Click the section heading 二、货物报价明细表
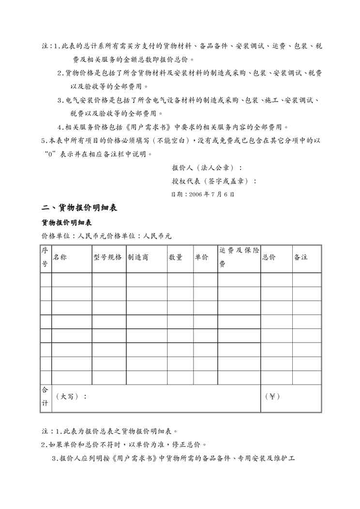pos(79,208)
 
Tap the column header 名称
pos(60,257)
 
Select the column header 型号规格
pos(107,257)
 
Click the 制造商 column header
pos(138,257)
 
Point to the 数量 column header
pos(176,257)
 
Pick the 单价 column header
pos(201,257)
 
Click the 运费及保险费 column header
pos(239,257)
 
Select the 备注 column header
pos(301,257)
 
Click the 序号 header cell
pos(45,257)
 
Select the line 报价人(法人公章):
pos(207,168)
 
